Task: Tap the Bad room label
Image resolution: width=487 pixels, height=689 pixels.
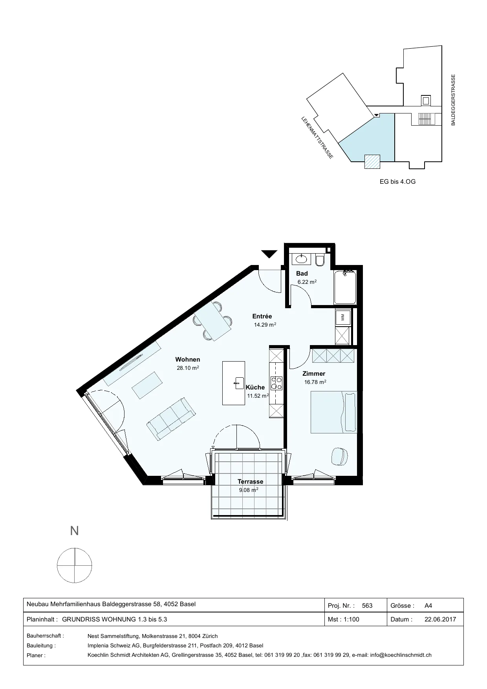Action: (302, 274)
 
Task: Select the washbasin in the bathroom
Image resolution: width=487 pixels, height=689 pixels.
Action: (301, 259)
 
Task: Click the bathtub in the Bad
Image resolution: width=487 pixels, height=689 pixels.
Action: (345, 287)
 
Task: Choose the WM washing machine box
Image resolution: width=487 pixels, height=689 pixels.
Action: (343, 317)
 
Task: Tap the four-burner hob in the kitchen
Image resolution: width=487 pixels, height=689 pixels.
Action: (276, 383)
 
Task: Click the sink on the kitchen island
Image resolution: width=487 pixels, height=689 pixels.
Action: (238, 383)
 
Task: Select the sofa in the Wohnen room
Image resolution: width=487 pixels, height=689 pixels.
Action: (171, 418)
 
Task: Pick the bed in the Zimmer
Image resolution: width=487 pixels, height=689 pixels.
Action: (334, 412)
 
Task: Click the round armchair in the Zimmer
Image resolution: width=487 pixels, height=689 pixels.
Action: (340, 456)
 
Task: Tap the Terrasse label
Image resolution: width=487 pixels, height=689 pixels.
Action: (250, 482)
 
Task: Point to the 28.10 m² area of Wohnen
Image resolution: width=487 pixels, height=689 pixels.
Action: (188, 368)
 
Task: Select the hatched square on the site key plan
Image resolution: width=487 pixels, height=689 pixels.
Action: (372, 162)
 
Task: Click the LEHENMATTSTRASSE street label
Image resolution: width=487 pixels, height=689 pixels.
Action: (317, 138)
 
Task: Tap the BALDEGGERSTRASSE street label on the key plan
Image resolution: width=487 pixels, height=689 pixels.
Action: (453, 100)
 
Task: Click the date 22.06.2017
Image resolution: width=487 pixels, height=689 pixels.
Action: (440, 620)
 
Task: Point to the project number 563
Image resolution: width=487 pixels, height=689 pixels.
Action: (367, 605)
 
